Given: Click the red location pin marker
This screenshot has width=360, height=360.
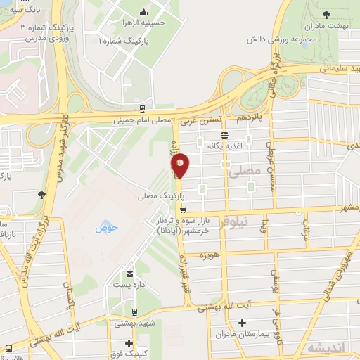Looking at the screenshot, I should (x=181, y=165).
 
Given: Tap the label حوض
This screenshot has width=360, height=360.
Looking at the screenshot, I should (x=105, y=227).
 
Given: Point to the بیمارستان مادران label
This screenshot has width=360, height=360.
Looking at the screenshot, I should (x=243, y=335).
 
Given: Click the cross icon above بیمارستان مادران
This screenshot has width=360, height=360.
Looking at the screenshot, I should (x=243, y=323).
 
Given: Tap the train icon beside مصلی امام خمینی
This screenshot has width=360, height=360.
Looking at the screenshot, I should (x=143, y=109).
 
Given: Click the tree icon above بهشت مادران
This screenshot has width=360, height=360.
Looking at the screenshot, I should (x=326, y=13).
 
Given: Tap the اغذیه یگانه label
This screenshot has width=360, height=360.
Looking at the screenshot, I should (x=224, y=145).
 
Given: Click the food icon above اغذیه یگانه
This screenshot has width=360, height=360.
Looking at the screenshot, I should (x=224, y=134).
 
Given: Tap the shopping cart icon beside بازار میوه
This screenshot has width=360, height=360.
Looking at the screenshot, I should (x=183, y=210).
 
